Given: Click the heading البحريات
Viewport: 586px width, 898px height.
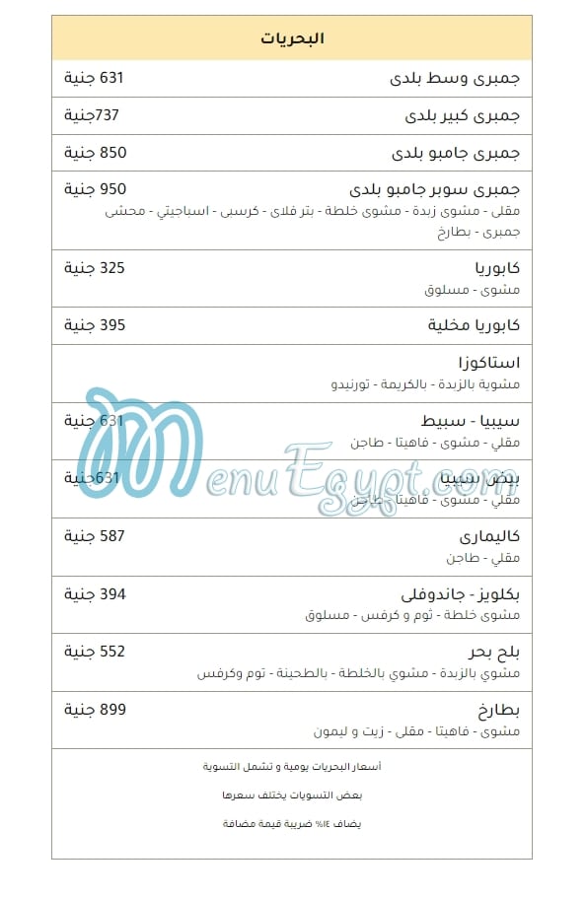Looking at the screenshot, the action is pos(292,38).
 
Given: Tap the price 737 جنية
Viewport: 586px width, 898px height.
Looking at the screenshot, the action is pos(92,115).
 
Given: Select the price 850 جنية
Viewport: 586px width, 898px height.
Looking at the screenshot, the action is pos(96,153).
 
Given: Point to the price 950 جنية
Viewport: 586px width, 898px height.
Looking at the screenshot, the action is pos(96,188).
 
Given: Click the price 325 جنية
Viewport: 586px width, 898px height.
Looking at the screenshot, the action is pos(95,267).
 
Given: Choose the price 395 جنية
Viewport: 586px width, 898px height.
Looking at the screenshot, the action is pos(95,325).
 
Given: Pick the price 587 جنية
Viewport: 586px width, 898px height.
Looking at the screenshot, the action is pos(95,536).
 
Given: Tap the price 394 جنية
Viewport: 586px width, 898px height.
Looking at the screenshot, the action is pos(95,593).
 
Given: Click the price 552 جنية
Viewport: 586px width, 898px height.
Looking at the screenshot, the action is pos(95,652).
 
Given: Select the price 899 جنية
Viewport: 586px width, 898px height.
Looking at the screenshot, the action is pos(96,709).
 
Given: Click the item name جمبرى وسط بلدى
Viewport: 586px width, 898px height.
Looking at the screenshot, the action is pos(455,79).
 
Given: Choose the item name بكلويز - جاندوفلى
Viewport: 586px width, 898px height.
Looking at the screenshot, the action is pos(460,594).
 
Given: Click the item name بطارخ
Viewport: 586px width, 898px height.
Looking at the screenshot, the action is pos(499,710).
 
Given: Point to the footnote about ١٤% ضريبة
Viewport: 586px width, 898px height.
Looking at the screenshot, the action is pos(292,823).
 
